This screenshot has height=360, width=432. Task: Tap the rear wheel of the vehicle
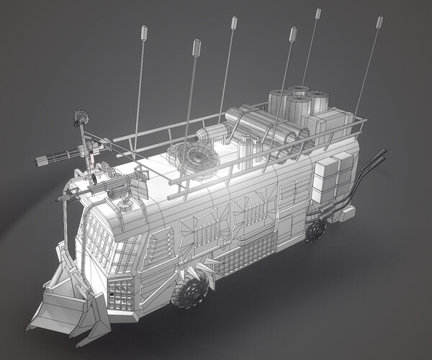click(315, 230)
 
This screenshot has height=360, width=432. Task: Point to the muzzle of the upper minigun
click(37, 160)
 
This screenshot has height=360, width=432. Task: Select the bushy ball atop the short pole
click(81, 117)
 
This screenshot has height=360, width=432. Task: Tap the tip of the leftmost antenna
click(144, 32)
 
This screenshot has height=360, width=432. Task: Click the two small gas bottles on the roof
click(251, 148)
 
